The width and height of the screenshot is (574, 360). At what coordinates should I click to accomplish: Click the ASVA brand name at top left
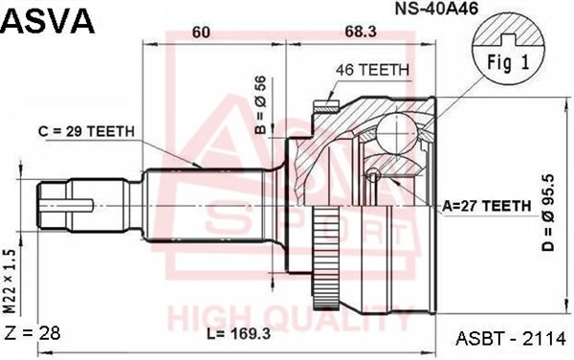[x=49, y=21]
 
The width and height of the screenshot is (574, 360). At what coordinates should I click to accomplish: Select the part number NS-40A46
[x=436, y=10]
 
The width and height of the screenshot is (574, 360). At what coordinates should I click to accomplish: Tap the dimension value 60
[x=201, y=33]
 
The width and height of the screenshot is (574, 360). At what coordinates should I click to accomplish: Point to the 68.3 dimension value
[x=361, y=33]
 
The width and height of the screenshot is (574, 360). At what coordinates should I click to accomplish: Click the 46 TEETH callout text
[x=372, y=70]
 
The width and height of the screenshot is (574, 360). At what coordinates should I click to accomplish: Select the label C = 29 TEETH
[x=86, y=131]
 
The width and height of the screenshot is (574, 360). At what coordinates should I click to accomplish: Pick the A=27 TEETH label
[x=487, y=206]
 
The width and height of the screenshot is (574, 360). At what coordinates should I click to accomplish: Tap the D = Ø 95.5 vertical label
[x=548, y=213]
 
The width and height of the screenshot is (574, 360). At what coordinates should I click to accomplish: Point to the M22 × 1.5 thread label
[x=10, y=281]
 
